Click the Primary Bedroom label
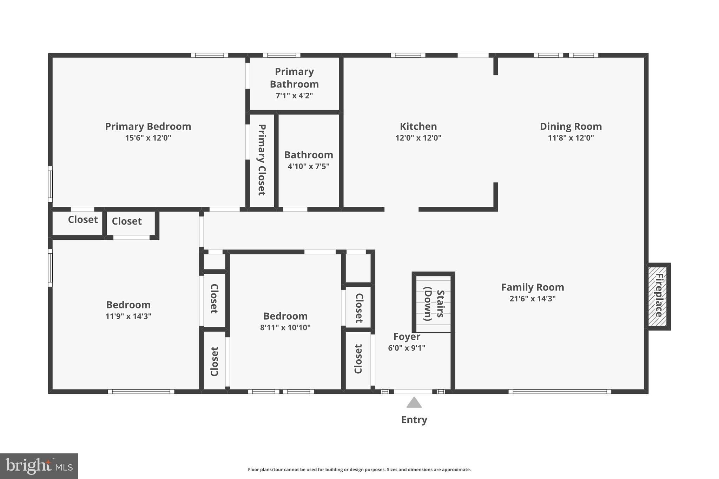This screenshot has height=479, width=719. pos(148,126)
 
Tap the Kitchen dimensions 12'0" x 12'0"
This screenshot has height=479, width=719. pos(418,138)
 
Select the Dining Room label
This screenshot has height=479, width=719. pos(571,126)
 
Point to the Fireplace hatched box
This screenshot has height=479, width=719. pos(658,297)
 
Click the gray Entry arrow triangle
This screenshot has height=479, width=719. pos(414,403)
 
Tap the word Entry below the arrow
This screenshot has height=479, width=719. pos(414,420)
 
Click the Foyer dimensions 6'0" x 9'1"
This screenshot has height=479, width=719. pos(407,348)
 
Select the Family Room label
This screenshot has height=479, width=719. pos(533,287)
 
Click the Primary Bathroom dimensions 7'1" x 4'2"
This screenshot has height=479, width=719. pos(294,96)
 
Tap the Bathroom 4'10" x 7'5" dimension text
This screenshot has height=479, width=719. pos(309,166)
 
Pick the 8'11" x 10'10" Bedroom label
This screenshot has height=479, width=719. pos(285,316)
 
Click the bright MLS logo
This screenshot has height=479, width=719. pos(39,466)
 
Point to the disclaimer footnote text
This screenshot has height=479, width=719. pos(359,470)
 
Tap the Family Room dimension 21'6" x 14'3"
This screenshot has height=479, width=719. pos(533,299)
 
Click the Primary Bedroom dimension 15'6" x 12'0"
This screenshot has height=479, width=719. pos(148,138)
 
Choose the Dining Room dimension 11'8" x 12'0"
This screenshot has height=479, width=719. pos(571,138)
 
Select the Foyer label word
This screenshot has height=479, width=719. pos(407,337)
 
